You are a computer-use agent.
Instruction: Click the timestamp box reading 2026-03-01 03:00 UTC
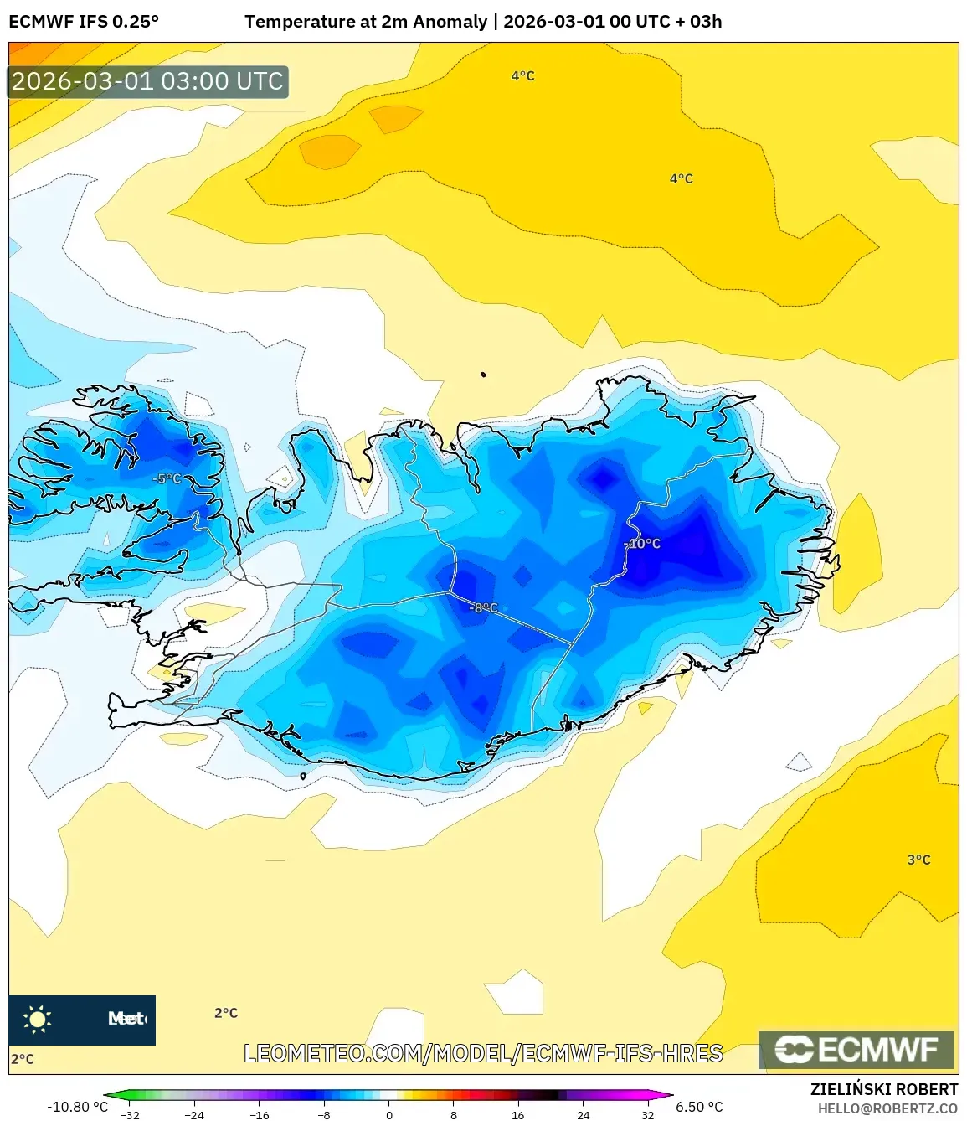pyautogui.click(x=148, y=81)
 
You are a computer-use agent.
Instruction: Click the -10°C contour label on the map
pyautogui.click(x=645, y=544)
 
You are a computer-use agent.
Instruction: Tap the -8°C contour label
pyautogui.click(x=485, y=607)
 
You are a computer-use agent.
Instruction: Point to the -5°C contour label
pyautogui.click(x=167, y=478)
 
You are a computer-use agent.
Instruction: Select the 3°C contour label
pyautogui.click(x=918, y=860)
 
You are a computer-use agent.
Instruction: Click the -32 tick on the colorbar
pyautogui.click(x=130, y=1115)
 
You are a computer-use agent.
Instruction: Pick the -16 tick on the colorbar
pyautogui.click(x=260, y=1115)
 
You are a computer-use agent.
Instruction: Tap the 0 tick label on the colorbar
pyautogui.click(x=389, y=1115)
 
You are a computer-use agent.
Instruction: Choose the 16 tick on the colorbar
pyautogui.click(x=518, y=1115)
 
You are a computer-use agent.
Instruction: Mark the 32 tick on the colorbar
pyautogui.click(x=648, y=1115)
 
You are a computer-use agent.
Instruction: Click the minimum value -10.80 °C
pyautogui.click(x=77, y=1107)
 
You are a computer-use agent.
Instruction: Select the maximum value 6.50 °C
pyautogui.click(x=699, y=1107)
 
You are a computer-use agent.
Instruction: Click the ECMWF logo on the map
pyautogui.click(x=856, y=1050)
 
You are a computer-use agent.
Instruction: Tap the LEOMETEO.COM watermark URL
pyautogui.click(x=483, y=1053)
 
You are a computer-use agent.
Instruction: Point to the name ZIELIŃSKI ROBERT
pyautogui.click(x=884, y=1089)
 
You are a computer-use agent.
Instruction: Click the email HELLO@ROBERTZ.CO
pyautogui.click(x=887, y=1108)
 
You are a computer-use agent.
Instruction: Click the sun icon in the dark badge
pyautogui.click(x=38, y=1019)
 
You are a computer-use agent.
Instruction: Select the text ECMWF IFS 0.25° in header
pyautogui.click(x=84, y=22)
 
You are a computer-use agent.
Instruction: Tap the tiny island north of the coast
pyautogui.click(x=483, y=375)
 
